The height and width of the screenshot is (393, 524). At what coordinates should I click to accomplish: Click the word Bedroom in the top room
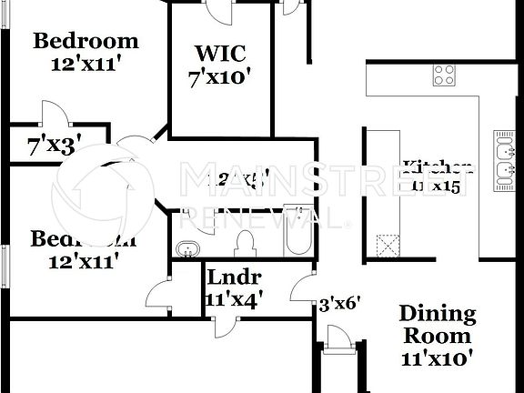pos(86,41)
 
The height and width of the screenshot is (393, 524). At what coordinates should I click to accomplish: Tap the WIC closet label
pos(219,53)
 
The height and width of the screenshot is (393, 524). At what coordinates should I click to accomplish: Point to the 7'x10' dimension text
pos(219,77)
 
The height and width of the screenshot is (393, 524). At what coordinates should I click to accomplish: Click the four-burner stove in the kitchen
pos(444,76)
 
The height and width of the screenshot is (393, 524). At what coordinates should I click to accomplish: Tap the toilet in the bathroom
pos(244,243)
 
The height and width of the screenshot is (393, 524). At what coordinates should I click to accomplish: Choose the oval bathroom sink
pos(187,247)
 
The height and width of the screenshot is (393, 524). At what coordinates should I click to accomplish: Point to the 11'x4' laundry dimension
pos(234,297)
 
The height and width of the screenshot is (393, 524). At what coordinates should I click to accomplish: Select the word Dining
pos(438,315)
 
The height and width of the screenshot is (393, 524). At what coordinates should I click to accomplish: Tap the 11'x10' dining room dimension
pos(438,358)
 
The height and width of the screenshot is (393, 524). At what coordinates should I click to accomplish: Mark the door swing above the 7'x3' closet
pos(52,113)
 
